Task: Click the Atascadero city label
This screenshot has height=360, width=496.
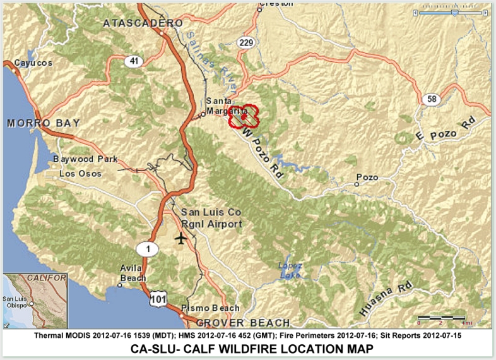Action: (x=143, y=23)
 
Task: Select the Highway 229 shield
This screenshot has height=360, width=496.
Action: (x=246, y=42)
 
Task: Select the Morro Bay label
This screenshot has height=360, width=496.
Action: (x=44, y=123)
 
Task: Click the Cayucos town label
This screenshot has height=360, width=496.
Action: (x=33, y=63)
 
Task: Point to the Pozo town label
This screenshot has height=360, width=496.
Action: (x=367, y=178)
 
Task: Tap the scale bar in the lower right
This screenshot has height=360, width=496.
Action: (x=441, y=317)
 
